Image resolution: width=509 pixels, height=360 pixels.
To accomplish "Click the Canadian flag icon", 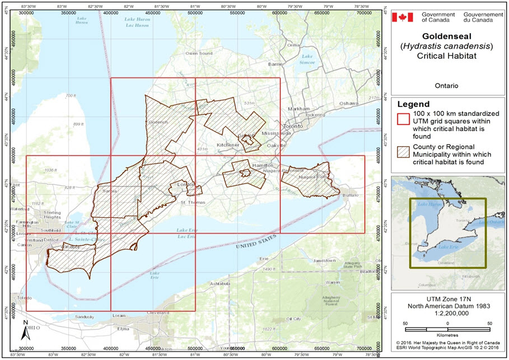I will coord(401,17).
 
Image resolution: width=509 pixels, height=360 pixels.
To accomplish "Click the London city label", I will coord(185,184).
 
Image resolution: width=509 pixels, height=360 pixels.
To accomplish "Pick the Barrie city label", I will coord(275,64).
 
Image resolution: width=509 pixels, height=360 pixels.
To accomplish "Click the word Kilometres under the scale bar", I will coord(447,331).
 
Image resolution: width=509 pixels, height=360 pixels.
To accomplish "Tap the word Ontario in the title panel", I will coord(446,86).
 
